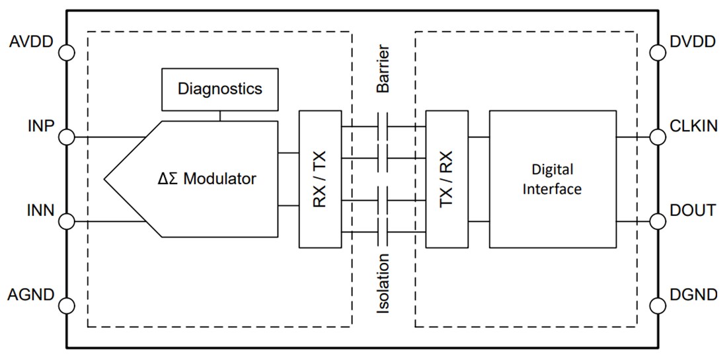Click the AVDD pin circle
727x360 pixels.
pyautogui.click(x=67, y=52)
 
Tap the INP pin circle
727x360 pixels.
pyautogui.click(x=67, y=137)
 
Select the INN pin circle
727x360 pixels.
pyautogui.click(x=67, y=221)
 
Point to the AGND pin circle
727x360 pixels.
pyautogui.click(x=67, y=306)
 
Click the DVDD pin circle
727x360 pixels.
pyautogui.click(x=658, y=52)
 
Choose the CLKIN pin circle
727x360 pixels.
pyautogui.click(x=658, y=137)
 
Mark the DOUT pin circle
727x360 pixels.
pyautogui.click(x=658, y=221)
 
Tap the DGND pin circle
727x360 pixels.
pyautogui.click(x=658, y=306)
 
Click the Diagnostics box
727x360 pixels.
pyautogui.click(x=219, y=89)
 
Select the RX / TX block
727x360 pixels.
pyautogui.click(x=320, y=178)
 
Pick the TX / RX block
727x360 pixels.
pyautogui.click(x=447, y=178)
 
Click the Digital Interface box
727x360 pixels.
pyautogui.click(x=552, y=178)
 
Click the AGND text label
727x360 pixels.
pyautogui.click(x=32, y=295)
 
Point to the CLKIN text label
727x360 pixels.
pyautogui.click(x=692, y=126)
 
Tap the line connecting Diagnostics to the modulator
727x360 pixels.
pyautogui.click(x=219, y=116)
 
